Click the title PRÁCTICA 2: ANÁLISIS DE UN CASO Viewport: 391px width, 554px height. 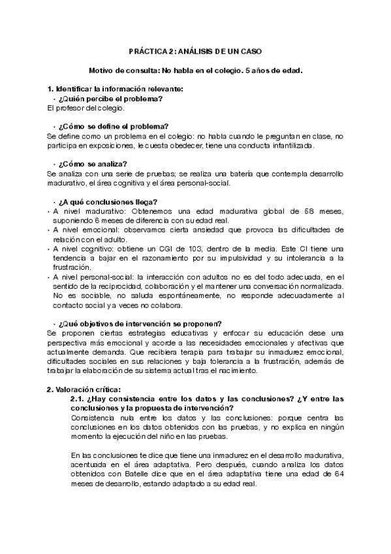(x=196, y=50)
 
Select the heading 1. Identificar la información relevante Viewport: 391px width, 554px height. (x=114, y=88)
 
